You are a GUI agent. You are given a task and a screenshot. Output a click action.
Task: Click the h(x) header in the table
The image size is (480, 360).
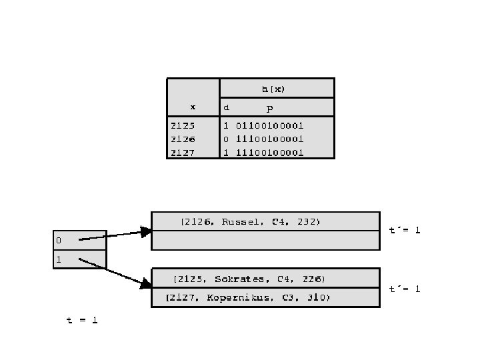click(x=277, y=88)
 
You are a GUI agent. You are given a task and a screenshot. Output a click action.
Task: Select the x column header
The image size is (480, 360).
click(x=193, y=107)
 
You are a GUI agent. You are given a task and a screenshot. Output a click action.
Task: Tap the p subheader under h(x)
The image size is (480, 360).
click(x=269, y=107)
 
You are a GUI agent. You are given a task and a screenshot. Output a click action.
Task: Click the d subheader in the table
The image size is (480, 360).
click(x=227, y=107)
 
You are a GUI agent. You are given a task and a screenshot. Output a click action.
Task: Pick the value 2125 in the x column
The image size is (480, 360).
click(x=183, y=125)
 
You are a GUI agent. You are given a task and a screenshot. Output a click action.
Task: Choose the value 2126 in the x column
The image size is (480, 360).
click(x=183, y=139)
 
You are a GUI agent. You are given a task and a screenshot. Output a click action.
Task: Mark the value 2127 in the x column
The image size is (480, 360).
click(x=183, y=152)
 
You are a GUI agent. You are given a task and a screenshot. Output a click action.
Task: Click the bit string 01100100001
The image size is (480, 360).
click(x=269, y=125)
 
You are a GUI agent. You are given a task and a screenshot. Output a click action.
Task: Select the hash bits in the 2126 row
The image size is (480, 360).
click(x=269, y=139)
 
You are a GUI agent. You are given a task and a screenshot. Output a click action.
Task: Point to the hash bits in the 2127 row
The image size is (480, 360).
click(x=269, y=152)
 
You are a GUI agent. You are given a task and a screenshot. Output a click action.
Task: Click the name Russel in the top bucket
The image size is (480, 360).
click(x=243, y=221)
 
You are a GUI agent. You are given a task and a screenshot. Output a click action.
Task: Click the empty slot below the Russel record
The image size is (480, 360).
click(x=265, y=240)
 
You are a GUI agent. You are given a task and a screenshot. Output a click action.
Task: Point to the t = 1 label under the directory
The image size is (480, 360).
click(x=82, y=320)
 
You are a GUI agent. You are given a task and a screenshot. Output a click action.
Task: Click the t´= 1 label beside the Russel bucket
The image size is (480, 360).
click(x=405, y=230)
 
